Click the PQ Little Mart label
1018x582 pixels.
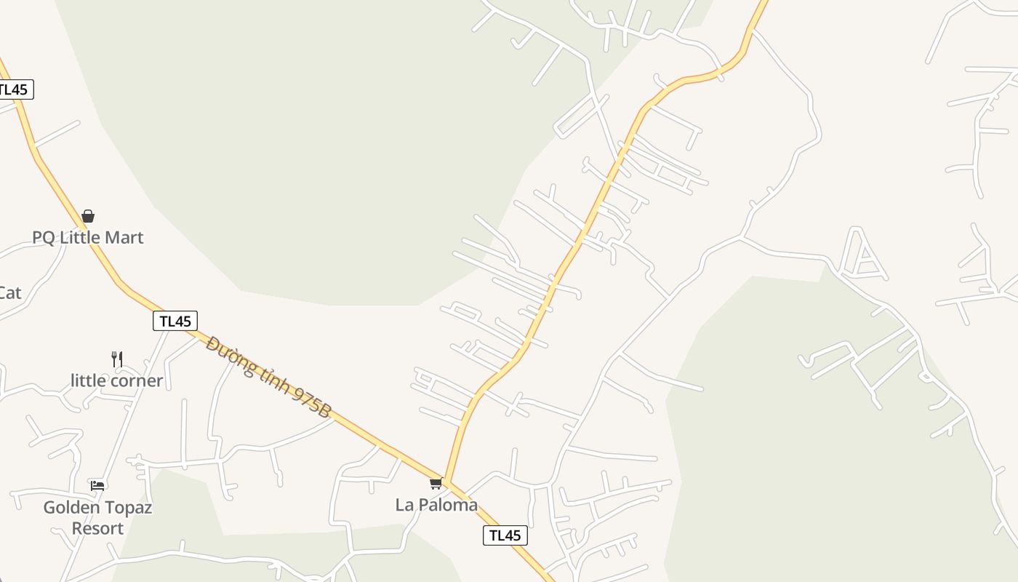pos(88,237)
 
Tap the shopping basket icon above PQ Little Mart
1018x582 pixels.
pos(88,216)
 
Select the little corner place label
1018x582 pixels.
pos(116,380)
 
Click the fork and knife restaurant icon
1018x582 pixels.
pos(117,359)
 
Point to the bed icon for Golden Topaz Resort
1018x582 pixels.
pos(97,485)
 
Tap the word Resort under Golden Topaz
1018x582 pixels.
pos(97,528)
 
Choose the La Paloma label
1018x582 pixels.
pos(436,504)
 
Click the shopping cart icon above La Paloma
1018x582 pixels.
pos(436,483)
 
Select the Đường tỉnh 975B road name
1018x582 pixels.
pos(268,377)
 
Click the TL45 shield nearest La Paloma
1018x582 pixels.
pos(505,535)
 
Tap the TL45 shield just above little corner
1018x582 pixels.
pos(175,321)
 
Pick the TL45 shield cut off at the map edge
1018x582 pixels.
pos(14,89)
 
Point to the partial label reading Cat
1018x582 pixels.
pos(9,292)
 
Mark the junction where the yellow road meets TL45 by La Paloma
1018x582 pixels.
pos(446,483)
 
